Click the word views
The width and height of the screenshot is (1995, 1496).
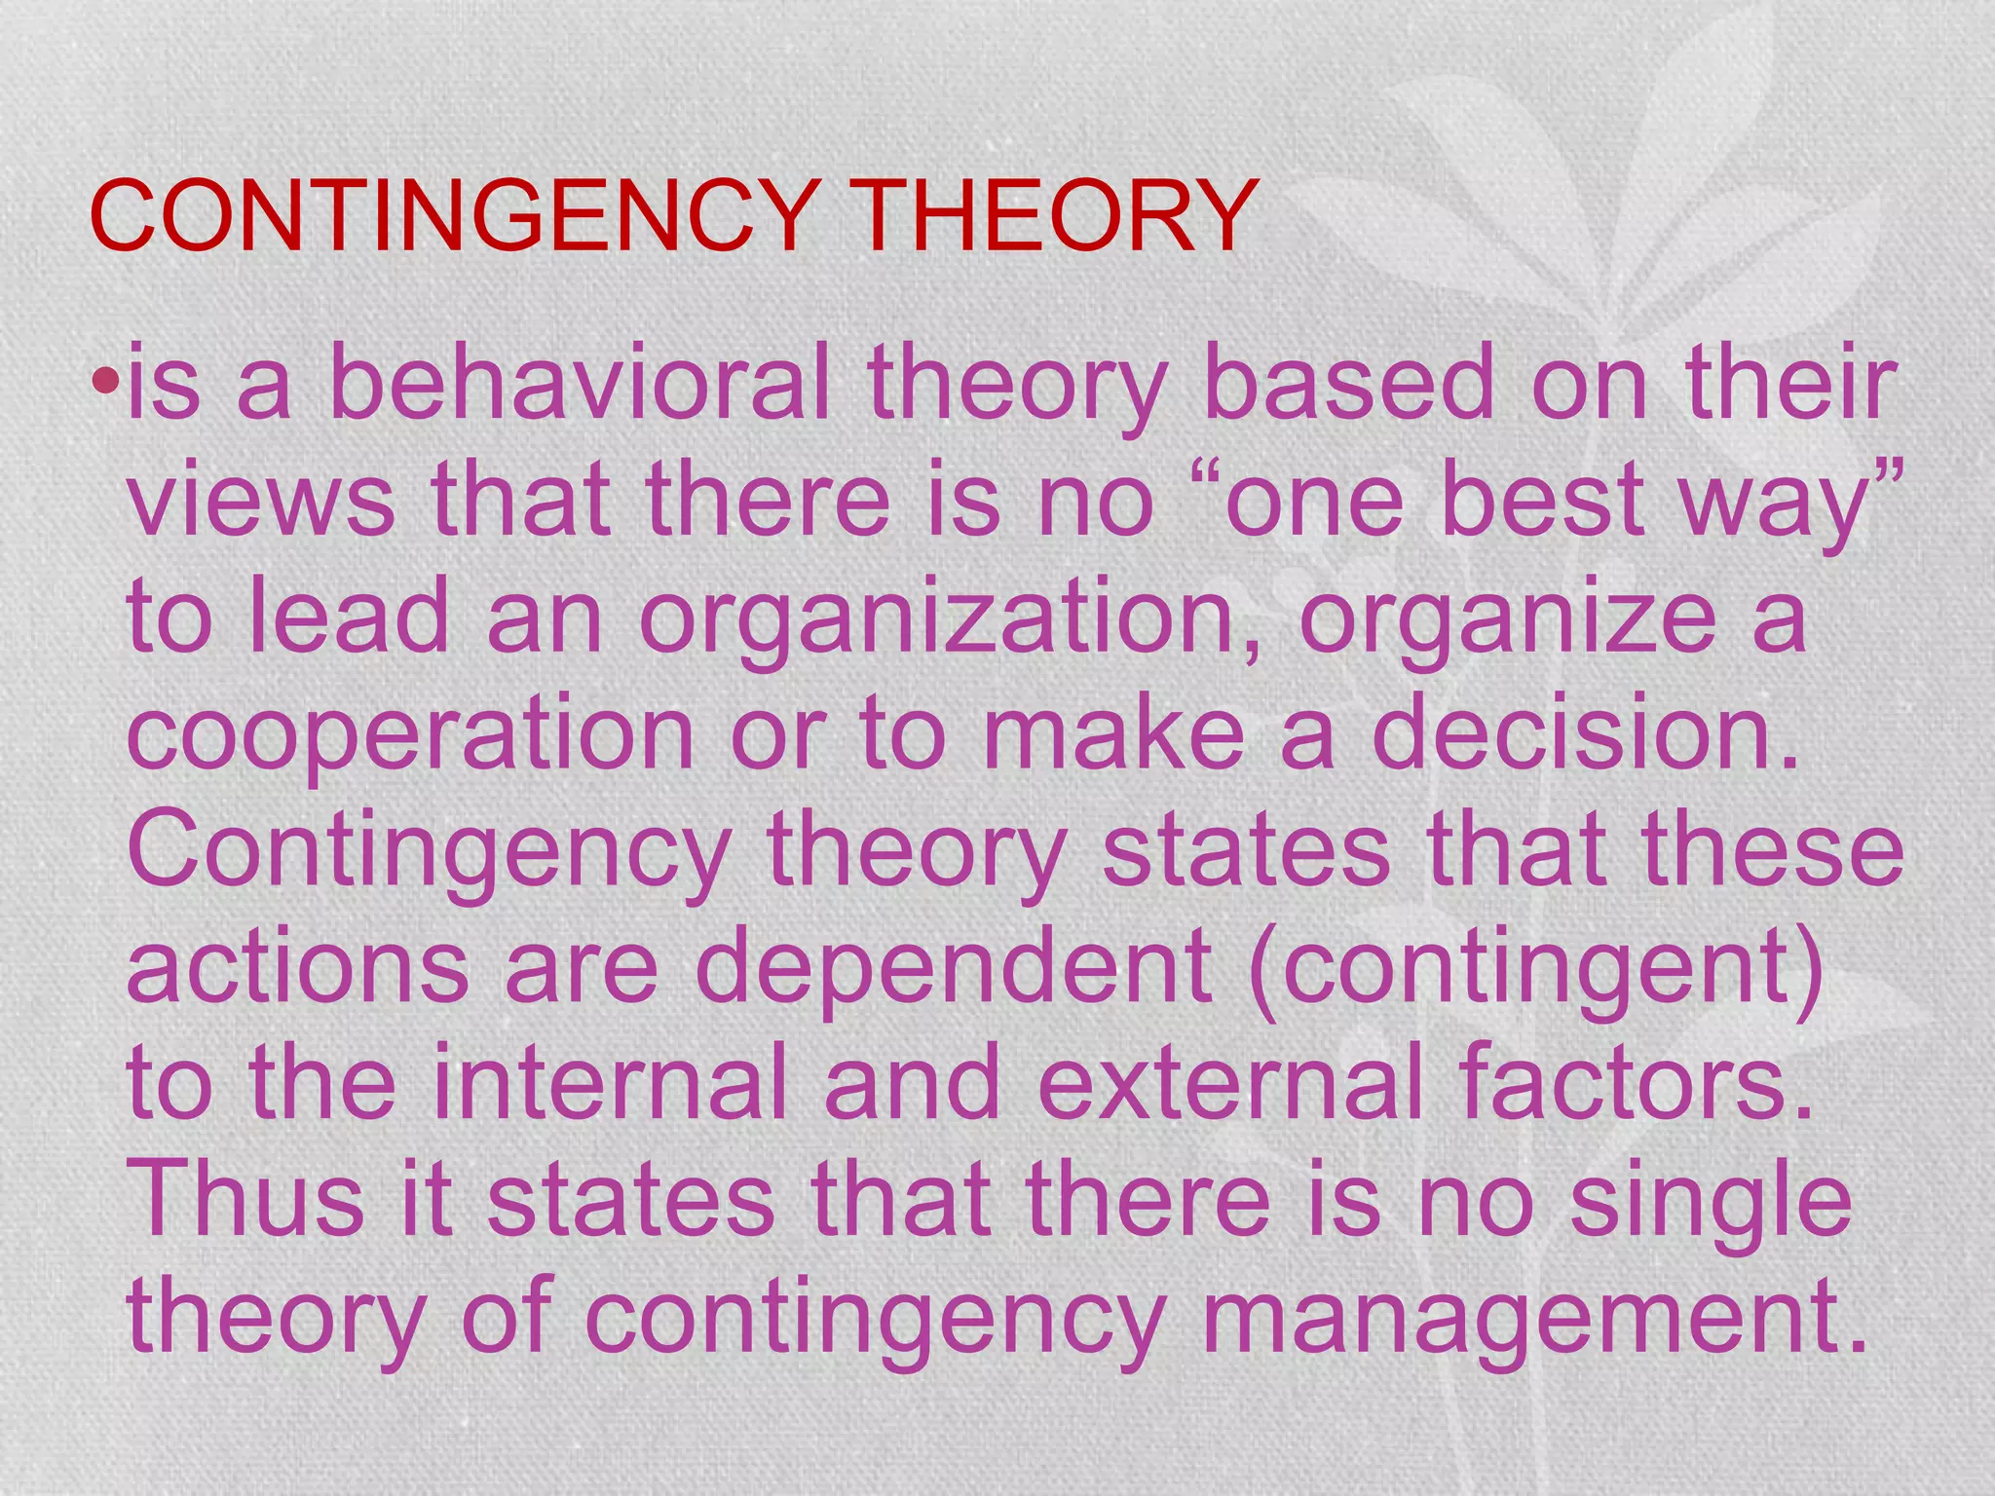[261, 502]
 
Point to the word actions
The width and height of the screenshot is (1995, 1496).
[298, 967]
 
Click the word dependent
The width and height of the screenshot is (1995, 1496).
[954, 967]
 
